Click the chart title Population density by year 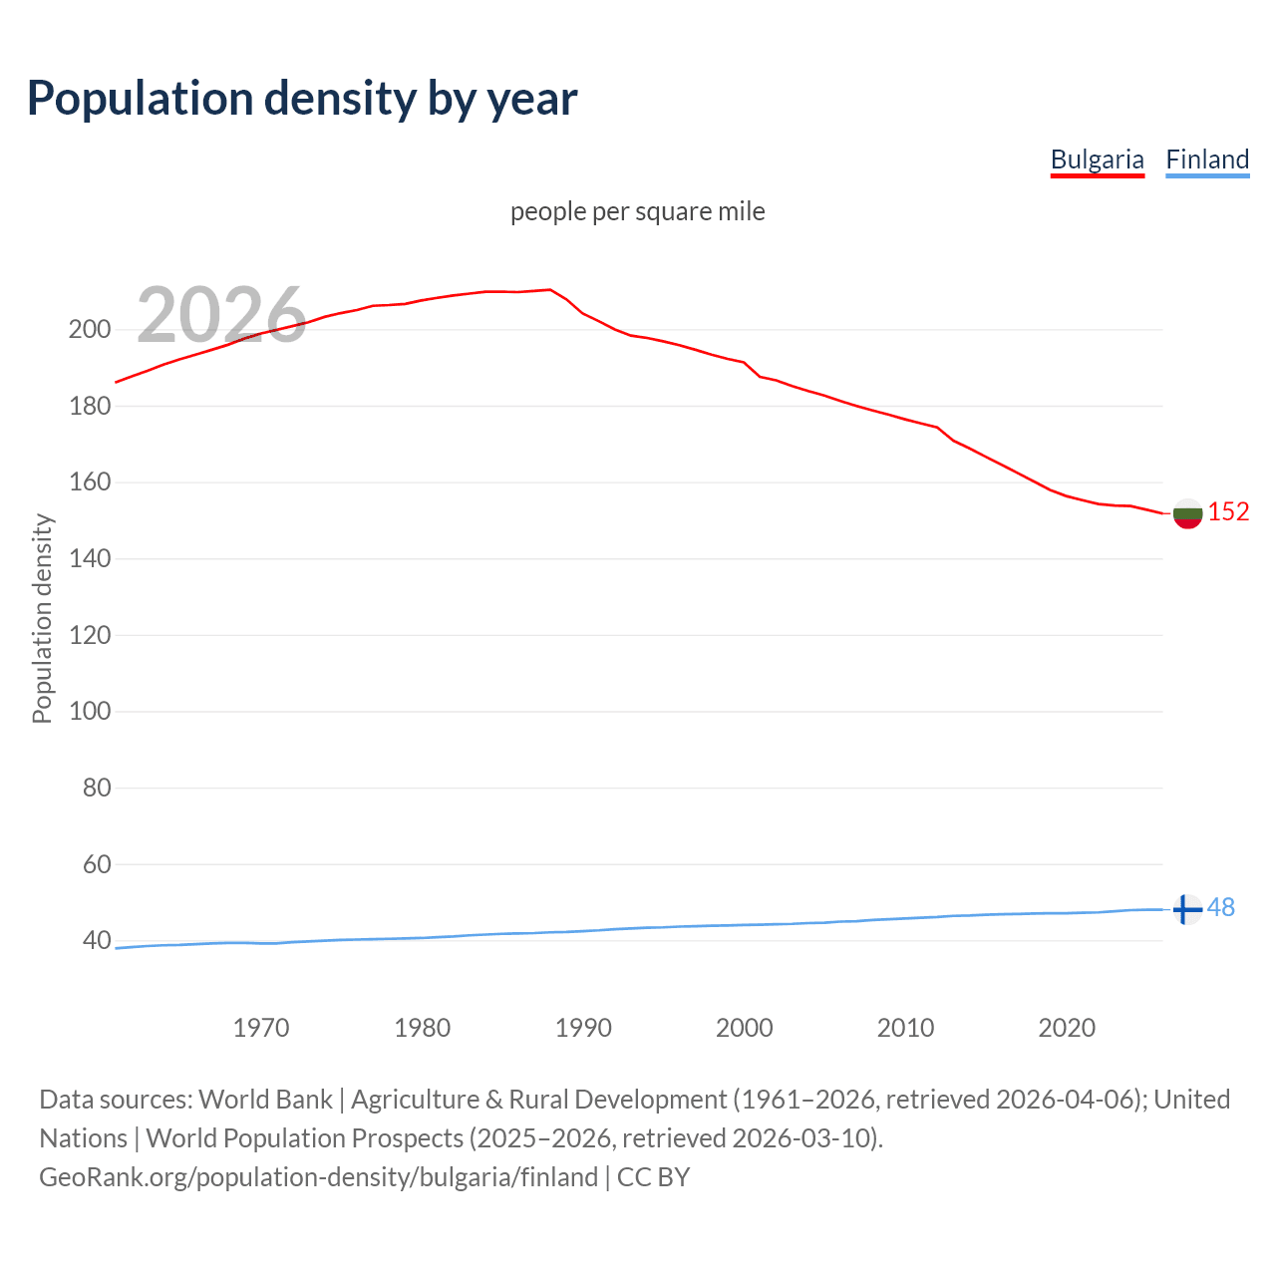coord(302,99)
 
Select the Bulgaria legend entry coord(1097,159)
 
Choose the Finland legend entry coord(1207,159)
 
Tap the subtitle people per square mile coord(637,211)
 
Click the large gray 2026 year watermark coord(221,315)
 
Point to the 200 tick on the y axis coord(89,330)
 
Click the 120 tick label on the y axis coord(89,635)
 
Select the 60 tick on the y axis coord(96,864)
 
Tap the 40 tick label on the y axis coord(96,941)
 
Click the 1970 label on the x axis coord(261,1028)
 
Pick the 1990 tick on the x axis coord(583,1028)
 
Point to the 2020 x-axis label coord(1067,1028)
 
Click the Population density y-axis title coord(42,618)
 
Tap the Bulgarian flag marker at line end coord(1187,513)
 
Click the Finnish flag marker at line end coord(1186,909)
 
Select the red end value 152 coord(1228,512)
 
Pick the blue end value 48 coord(1221,908)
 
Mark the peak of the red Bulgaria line coord(550,290)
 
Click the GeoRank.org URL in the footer coord(318,1177)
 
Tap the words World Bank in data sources coord(265,1100)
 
